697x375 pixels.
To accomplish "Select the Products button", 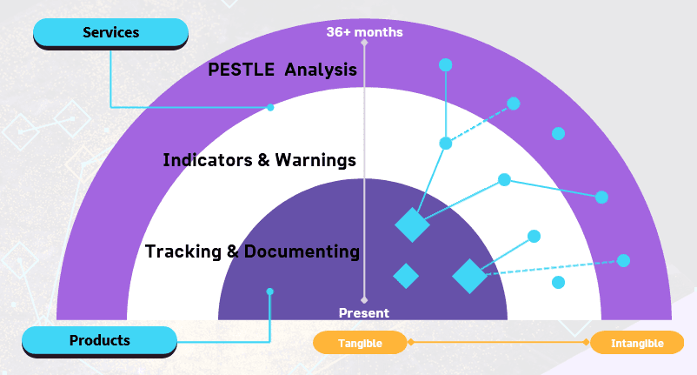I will tap(99, 340).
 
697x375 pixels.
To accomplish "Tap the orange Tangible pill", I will tap(360, 343).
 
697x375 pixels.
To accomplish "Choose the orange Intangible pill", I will tap(636, 343).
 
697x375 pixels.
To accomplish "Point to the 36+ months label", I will tap(364, 32).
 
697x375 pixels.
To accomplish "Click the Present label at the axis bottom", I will tap(364, 312).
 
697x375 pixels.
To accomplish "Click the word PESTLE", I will tap(241, 70).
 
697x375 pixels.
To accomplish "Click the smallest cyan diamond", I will tap(406, 276).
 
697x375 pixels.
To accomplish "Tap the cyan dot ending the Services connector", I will tap(270, 108).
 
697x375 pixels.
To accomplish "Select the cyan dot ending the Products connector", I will tap(270, 291).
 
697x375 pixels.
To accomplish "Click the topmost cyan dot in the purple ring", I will tap(446, 64).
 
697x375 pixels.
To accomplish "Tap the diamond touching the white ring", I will tap(412, 224).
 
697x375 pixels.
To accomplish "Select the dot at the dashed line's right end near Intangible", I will tap(623, 260).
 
